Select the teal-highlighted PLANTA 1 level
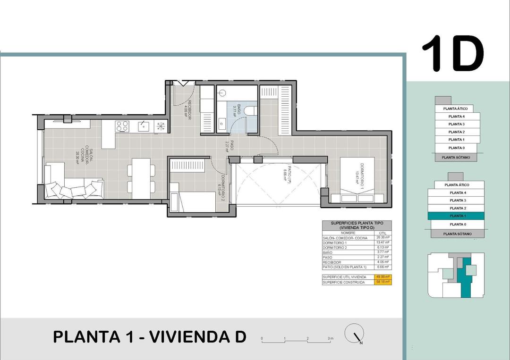(456, 216)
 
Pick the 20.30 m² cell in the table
(382, 238)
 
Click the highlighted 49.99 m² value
(382, 276)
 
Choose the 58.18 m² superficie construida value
(382, 282)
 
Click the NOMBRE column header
(348, 233)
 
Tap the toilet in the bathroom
(252, 110)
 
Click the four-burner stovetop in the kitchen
(122, 126)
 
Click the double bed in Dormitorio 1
(358, 180)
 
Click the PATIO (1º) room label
(286, 176)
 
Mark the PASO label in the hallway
(230, 145)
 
